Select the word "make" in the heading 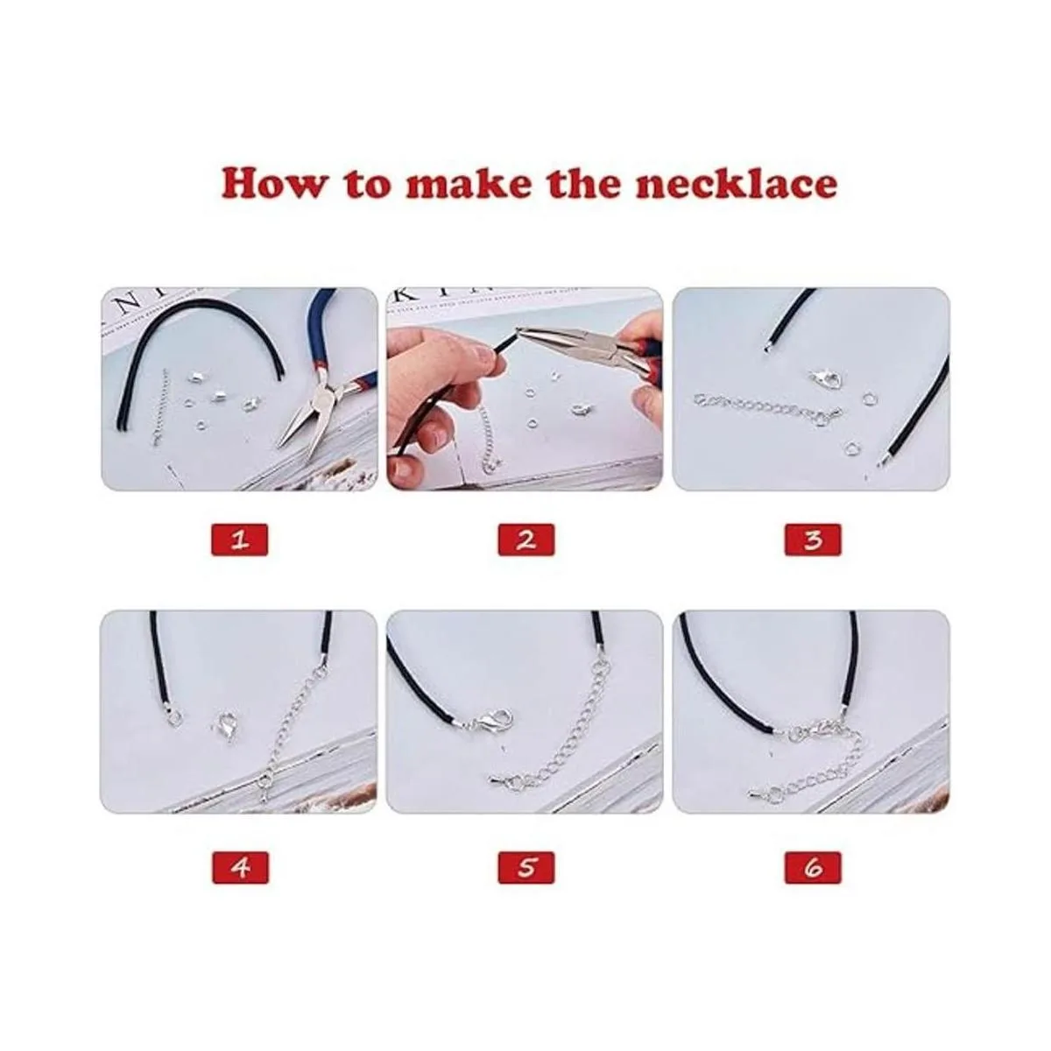coord(469,183)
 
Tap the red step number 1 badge coord(239,540)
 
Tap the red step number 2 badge coord(526,540)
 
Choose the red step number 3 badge coord(813,540)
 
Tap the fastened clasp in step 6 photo coord(815,730)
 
